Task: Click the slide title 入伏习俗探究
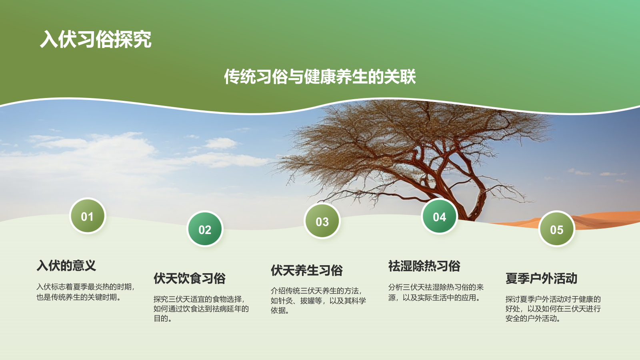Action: [x=96, y=39]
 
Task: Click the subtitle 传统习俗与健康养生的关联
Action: [x=320, y=76]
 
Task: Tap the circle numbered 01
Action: [x=88, y=216]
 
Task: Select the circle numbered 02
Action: [x=205, y=229]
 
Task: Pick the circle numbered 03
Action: [x=322, y=221]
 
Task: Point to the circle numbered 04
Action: [x=440, y=216]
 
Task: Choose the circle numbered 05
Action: [x=556, y=229]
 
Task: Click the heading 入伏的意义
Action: [x=66, y=266]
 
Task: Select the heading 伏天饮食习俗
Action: [x=190, y=278]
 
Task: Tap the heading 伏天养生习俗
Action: [x=307, y=270]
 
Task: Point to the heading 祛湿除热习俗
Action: [x=424, y=266]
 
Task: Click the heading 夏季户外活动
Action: [x=542, y=278]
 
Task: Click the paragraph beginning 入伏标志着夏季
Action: [x=86, y=292]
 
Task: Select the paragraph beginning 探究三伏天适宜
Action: [x=201, y=308]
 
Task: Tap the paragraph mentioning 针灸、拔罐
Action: [x=318, y=300]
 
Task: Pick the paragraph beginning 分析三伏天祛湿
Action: [x=436, y=292]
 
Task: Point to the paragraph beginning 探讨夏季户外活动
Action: [x=553, y=308]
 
